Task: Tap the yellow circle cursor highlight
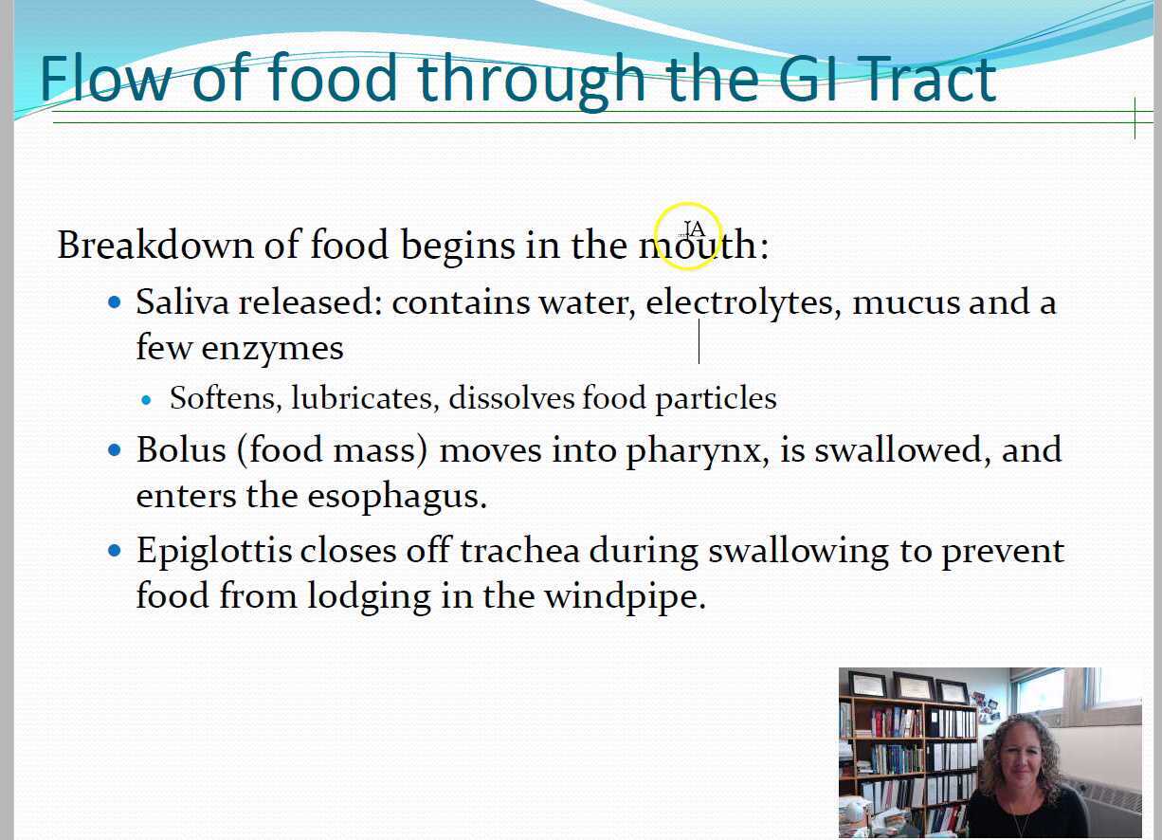pyautogui.click(x=688, y=236)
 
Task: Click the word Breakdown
pyautogui.click(x=155, y=244)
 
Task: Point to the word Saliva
pyautogui.click(x=182, y=301)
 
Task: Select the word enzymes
pyautogui.click(x=272, y=349)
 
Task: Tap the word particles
pyautogui.click(x=716, y=399)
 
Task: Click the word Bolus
pyautogui.click(x=181, y=449)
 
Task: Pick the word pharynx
pyautogui.click(x=698, y=451)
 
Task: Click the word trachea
pyautogui.click(x=519, y=551)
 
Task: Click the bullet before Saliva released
pyautogui.click(x=115, y=302)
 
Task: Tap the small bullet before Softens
pyautogui.click(x=146, y=400)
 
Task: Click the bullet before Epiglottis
pyautogui.click(x=115, y=551)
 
